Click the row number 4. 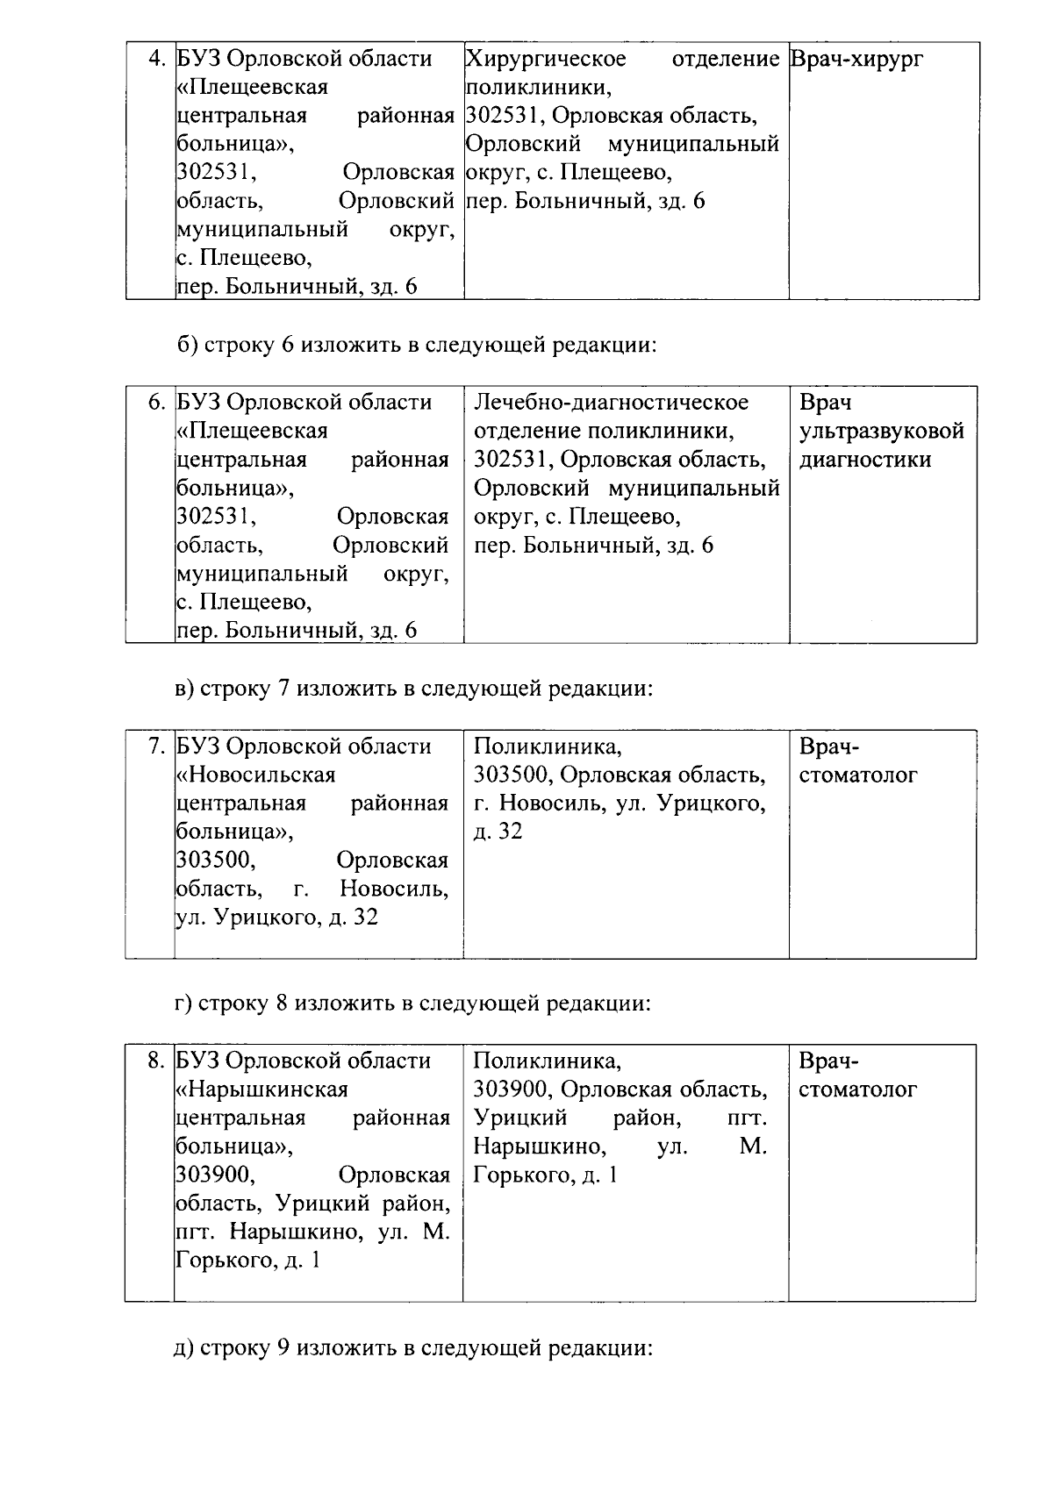pos(156,60)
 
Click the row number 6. pos(156,403)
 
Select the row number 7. pos(156,747)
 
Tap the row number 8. pos(156,1061)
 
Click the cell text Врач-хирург pos(856,60)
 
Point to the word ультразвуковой pos(881,432)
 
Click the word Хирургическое pos(546,60)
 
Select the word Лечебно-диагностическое pos(612,403)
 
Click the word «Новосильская pos(256,775)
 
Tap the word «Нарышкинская pos(262,1089)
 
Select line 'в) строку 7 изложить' pos(414,689)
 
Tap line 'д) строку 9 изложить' pos(414,1347)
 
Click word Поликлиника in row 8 pos(547,1061)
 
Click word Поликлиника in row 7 pos(547,747)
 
